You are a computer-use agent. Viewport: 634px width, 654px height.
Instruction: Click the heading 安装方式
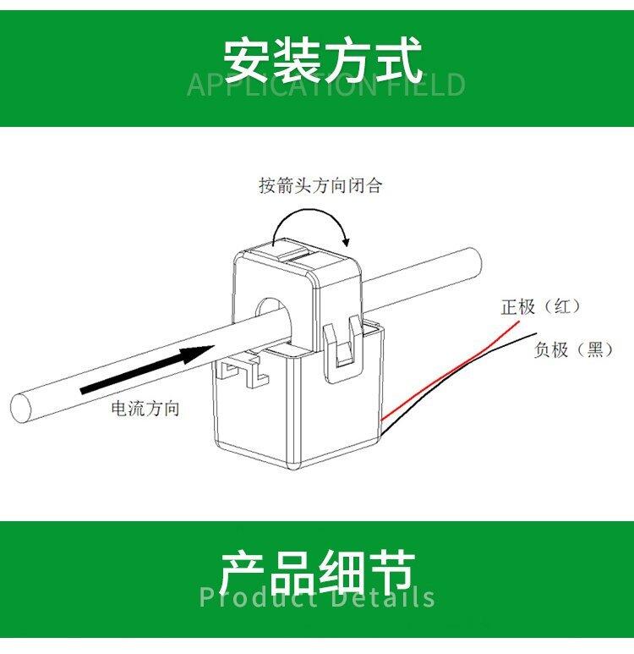click(323, 60)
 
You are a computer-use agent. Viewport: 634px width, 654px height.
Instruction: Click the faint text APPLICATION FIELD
click(326, 85)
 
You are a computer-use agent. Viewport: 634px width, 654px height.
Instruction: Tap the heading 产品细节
click(317, 574)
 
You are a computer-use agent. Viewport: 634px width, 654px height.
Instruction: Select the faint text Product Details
click(317, 596)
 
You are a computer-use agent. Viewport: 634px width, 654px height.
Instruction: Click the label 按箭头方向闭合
click(320, 185)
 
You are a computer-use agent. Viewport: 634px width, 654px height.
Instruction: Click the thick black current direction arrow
click(147, 370)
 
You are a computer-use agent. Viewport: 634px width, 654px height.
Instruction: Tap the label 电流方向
click(145, 408)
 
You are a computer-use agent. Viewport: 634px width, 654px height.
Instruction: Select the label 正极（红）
click(541, 307)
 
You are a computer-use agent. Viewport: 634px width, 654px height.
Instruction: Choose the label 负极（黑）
click(574, 349)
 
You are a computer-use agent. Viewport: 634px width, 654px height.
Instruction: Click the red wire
click(451, 371)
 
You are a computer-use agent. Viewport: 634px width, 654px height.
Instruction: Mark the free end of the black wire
click(536, 333)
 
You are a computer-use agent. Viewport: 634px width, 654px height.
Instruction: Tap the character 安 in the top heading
click(247, 60)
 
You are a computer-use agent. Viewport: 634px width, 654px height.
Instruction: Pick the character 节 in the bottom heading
click(391, 574)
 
